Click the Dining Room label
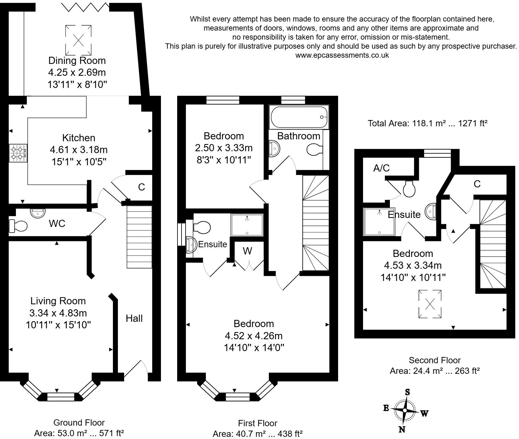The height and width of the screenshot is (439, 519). click(77, 60)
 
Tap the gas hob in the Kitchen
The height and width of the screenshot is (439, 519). click(18, 153)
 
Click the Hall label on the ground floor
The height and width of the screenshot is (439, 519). click(134, 318)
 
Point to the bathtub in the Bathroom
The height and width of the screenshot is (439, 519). click(299, 117)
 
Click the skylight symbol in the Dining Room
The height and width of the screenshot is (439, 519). click(78, 40)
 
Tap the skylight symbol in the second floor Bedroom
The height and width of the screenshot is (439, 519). click(430, 304)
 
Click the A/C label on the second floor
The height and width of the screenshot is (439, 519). click(381, 168)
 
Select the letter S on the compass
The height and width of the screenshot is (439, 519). click(407, 392)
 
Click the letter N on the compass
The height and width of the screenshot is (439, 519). click(402, 430)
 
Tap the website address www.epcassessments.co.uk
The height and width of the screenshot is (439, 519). click(342, 55)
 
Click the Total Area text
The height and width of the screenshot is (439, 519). click(428, 123)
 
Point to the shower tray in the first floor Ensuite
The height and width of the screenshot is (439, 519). click(247, 225)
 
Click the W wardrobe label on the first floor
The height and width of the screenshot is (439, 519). click(247, 251)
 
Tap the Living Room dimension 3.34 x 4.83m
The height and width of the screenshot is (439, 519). click(58, 313)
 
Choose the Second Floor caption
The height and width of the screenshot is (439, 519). click(434, 360)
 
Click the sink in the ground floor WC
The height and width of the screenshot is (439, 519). click(37, 213)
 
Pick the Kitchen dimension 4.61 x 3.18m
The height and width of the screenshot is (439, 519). click(79, 150)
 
